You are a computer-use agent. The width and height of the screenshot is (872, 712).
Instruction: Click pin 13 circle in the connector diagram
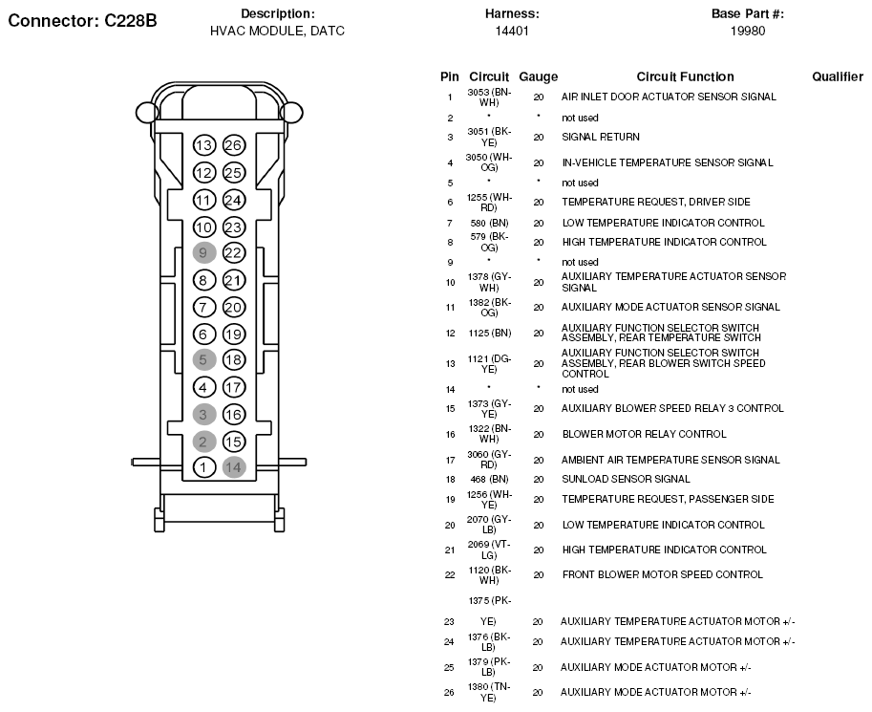tap(203, 146)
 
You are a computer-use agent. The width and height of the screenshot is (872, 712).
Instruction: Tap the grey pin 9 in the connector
tap(203, 253)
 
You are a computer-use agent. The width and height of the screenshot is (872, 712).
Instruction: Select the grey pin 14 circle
tap(234, 467)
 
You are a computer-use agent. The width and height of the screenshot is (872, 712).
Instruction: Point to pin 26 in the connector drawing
tap(234, 146)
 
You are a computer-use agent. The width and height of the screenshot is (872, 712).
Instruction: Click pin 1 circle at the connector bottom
tap(203, 467)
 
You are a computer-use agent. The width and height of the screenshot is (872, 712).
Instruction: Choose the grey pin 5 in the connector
tap(203, 360)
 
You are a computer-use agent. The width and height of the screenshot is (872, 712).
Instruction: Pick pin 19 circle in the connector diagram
tap(234, 334)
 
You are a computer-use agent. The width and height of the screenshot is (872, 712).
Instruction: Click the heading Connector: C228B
tap(82, 18)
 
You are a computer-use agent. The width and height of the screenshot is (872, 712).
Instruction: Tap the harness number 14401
tap(512, 31)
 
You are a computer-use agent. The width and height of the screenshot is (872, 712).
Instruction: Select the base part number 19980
tap(748, 31)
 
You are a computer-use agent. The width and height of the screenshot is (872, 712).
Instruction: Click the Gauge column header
tap(538, 76)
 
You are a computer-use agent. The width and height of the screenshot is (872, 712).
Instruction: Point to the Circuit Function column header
tap(685, 76)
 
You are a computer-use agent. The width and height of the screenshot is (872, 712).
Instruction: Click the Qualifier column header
tap(837, 76)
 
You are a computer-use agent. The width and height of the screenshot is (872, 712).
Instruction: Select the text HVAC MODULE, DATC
tap(277, 31)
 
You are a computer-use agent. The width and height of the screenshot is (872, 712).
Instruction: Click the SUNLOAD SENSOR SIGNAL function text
tap(626, 479)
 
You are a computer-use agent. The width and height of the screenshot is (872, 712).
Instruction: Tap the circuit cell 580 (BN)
tap(488, 223)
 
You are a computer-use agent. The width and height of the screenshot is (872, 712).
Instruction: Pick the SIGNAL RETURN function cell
tap(600, 137)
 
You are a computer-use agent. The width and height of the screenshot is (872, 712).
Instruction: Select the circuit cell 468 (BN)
tap(488, 479)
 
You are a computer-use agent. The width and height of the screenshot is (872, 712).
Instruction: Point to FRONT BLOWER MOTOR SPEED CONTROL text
tap(662, 574)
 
